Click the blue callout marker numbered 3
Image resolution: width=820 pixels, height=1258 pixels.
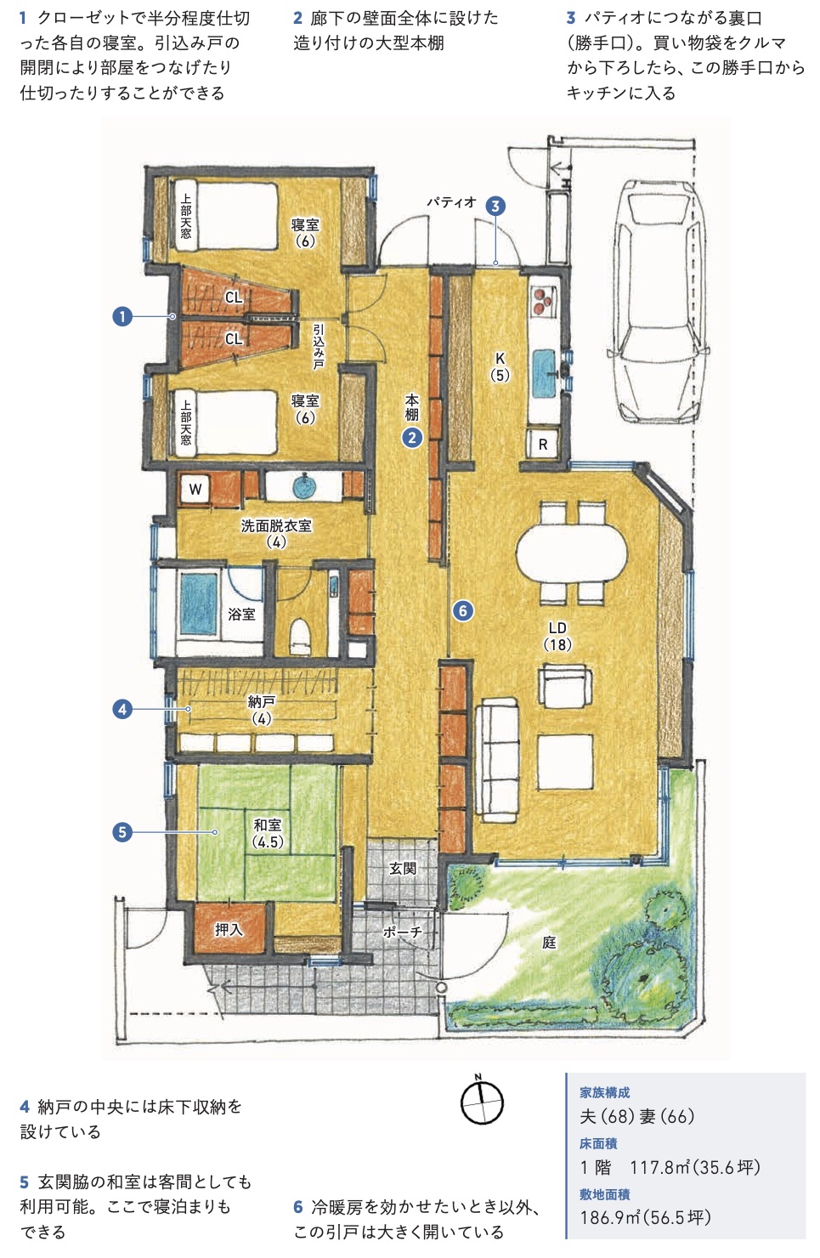[495, 206]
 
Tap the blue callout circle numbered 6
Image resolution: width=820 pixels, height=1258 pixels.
[463, 610]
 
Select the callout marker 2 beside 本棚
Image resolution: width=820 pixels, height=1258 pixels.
[412, 438]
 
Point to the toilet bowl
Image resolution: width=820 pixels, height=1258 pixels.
[300, 637]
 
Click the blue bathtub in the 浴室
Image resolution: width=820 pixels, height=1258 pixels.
[199, 603]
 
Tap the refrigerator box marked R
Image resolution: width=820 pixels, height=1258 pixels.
[543, 444]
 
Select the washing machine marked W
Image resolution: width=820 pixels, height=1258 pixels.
[195, 489]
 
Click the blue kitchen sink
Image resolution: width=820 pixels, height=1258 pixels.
[543, 373]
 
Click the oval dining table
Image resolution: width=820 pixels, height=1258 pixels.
[571, 553]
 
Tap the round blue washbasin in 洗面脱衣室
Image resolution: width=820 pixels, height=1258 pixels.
[304, 486]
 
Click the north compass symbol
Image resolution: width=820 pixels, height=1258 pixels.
[482, 1102]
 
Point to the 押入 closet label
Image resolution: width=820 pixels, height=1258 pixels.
[229, 929]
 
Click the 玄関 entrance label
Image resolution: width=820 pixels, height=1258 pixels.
[403, 869]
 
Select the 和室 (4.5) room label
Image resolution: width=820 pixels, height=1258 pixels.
[267, 833]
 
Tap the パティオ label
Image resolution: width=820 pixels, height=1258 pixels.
[450, 201]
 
